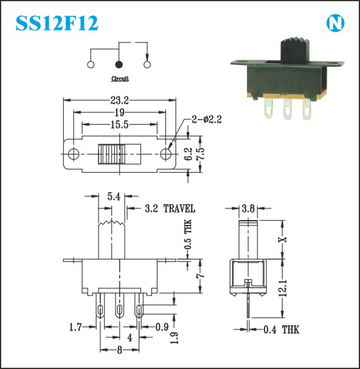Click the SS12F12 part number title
point(57,23)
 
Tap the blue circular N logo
point(335,23)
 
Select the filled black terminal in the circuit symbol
point(119,64)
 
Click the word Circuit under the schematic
point(120,78)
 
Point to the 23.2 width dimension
point(120,100)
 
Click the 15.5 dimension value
point(120,125)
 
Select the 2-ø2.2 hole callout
point(207,120)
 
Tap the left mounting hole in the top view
point(74,154)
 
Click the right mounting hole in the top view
point(166,154)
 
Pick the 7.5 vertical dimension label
point(200,154)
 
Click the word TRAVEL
point(179,209)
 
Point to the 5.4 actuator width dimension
point(114,196)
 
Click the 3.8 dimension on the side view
point(248,209)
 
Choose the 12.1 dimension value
point(284,288)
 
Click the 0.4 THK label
point(282,329)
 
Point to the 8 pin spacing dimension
point(120,350)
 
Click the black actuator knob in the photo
point(294,50)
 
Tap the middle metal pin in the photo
point(287,109)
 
